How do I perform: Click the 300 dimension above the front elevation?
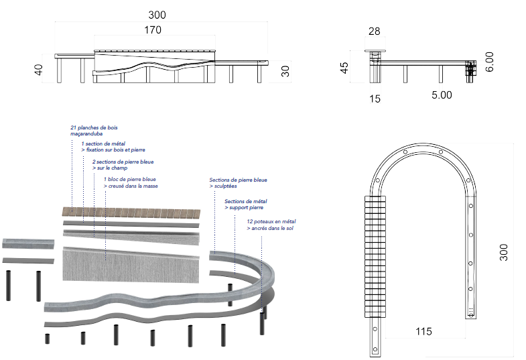157,15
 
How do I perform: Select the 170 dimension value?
152,29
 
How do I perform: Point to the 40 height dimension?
38,70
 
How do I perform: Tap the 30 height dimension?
285,71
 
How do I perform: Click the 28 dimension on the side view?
374,31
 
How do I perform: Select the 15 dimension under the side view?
375,99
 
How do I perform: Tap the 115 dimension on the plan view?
423,331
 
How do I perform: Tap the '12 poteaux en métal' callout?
271,221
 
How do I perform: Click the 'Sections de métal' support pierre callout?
246,201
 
